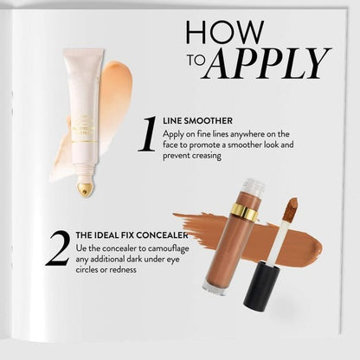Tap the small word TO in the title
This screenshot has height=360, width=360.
click(x=196, y=63)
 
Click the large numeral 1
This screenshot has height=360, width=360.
click(x=147, y=135)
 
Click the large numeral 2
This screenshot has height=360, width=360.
click(x=57, y=247)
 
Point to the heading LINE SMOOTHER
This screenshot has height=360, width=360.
click(x=198, y=121)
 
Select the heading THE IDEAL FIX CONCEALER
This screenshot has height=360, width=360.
click(x=132, y=235)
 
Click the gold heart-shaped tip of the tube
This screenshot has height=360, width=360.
click(x=85, y=189)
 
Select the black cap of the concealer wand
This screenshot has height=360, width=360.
click(x=260, y=286)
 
